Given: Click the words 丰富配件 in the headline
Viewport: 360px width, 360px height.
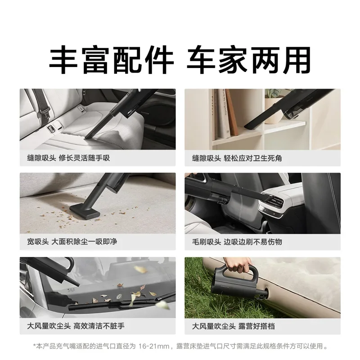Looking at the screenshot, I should (111, 60).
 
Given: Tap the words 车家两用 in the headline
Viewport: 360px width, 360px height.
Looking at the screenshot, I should (248, 60).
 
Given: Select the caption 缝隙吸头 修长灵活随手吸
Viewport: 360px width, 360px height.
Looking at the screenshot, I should (68, 158).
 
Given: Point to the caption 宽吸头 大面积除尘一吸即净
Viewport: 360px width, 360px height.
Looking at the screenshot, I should (72, 242).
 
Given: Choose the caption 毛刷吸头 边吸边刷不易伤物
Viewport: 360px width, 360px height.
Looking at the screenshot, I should (237, 242).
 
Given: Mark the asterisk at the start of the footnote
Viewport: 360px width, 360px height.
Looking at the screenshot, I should (35, 346).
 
